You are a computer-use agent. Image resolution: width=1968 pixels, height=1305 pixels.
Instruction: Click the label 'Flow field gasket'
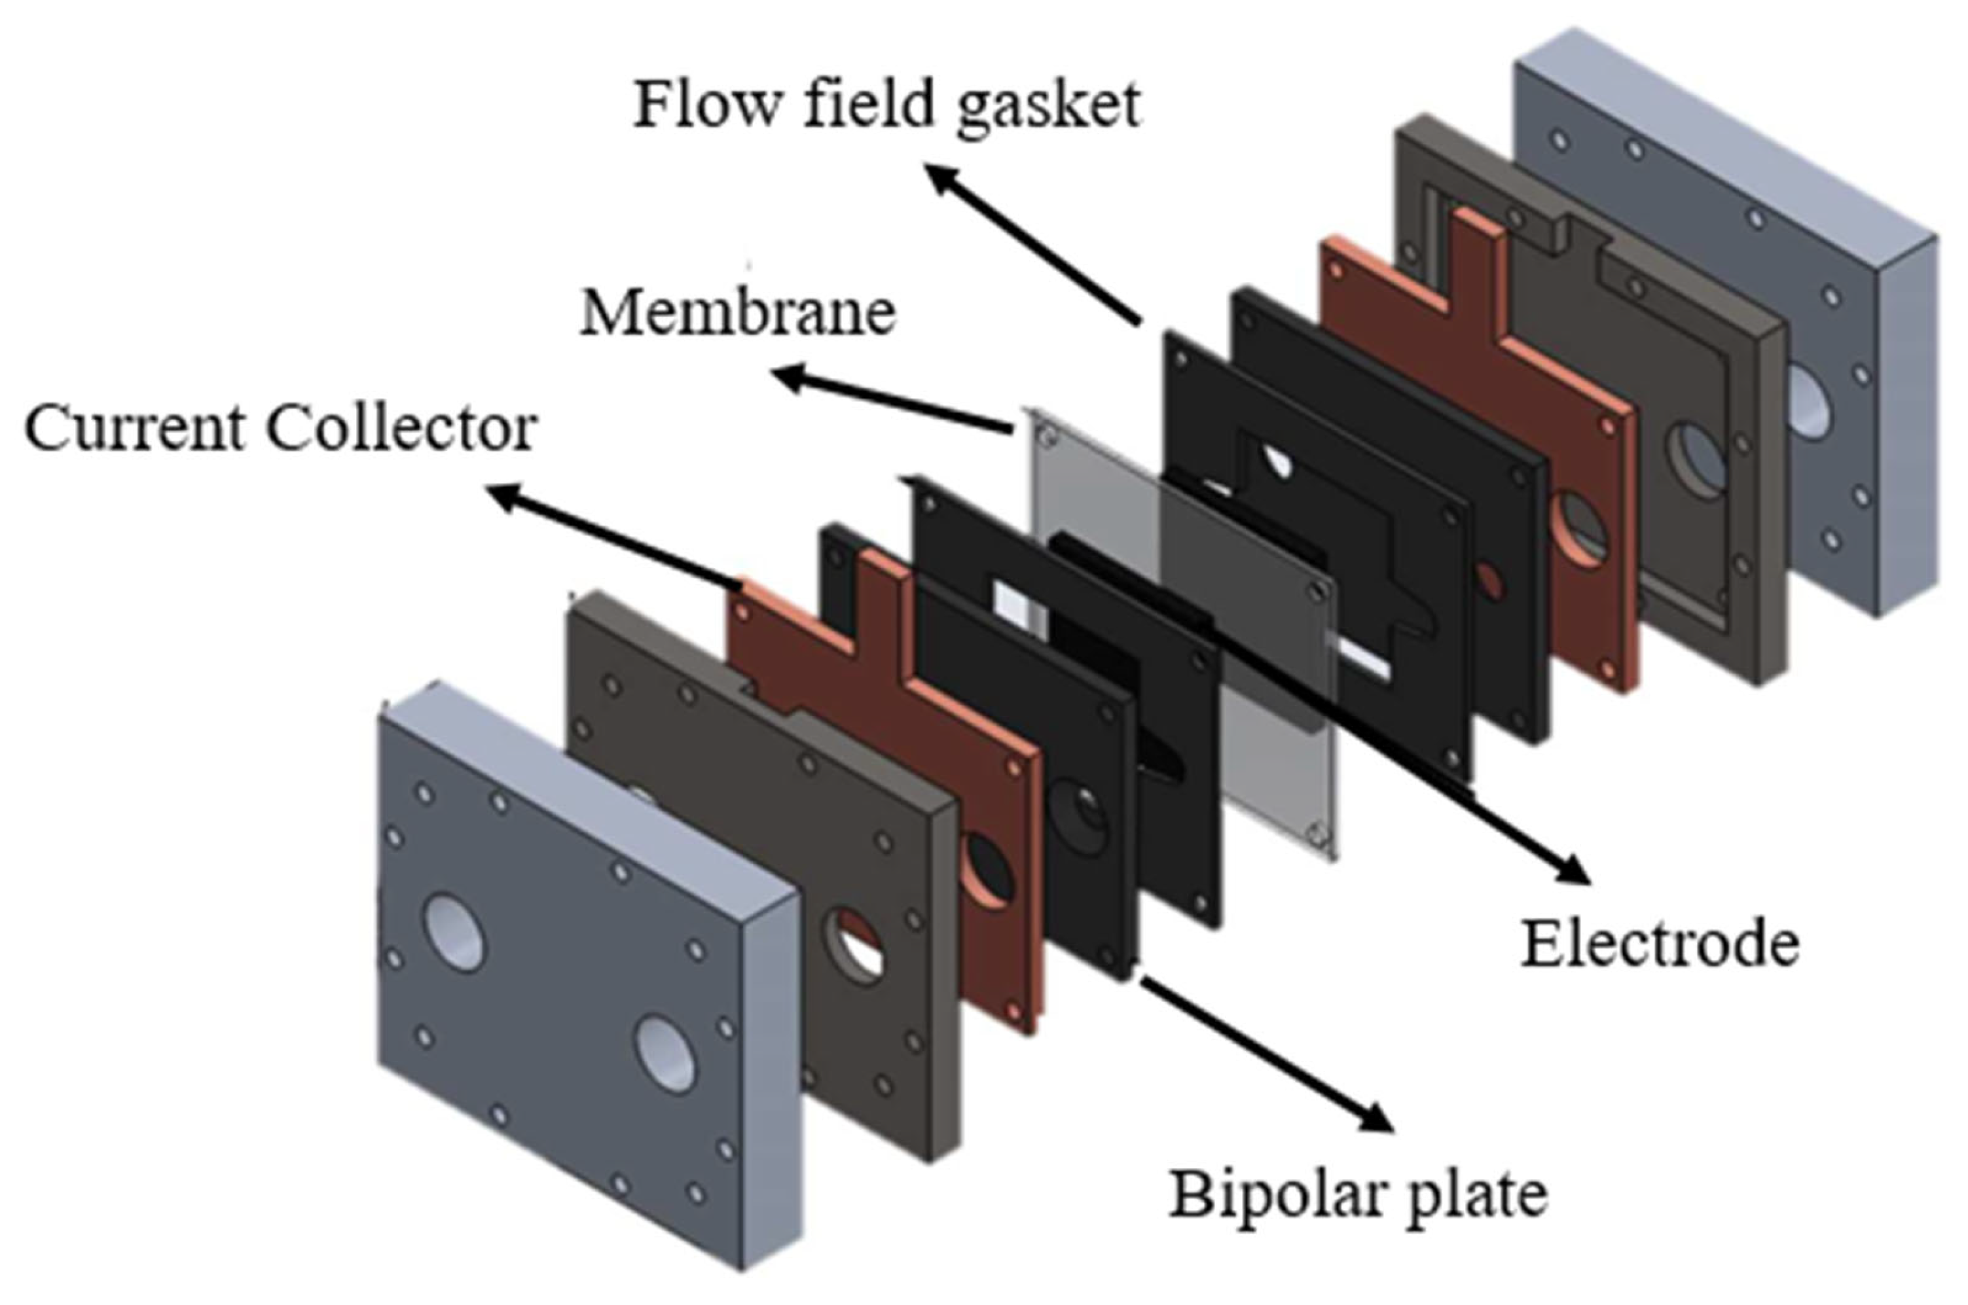pyautogui.click(x=886, y=107)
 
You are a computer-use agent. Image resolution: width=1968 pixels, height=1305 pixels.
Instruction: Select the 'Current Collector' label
pyautogui.click(x=281, y=429)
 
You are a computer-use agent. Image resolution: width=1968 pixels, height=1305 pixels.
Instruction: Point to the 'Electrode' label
pyautogui.click(x=1659, y=944)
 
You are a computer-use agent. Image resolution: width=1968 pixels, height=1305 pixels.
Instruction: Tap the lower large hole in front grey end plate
pyautogui.click(x=665, y=1054)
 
